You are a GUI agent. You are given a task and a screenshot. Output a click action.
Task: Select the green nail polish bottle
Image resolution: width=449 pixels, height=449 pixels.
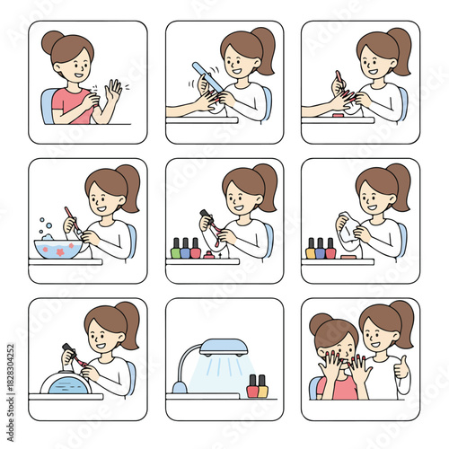(176, 249)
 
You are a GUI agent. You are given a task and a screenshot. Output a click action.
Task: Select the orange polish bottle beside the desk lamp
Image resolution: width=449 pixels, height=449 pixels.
(263, 386)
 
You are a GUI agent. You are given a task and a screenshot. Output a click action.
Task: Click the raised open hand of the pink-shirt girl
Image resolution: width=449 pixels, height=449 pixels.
(113, 92)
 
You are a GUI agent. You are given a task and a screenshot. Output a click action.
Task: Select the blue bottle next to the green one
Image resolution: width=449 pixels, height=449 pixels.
(186, 249)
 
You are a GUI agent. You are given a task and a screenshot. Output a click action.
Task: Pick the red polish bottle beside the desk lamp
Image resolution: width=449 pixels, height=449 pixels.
(252, 386)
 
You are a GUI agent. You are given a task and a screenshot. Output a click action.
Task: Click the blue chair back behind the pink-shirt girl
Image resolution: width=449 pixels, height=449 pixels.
(47, 106)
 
